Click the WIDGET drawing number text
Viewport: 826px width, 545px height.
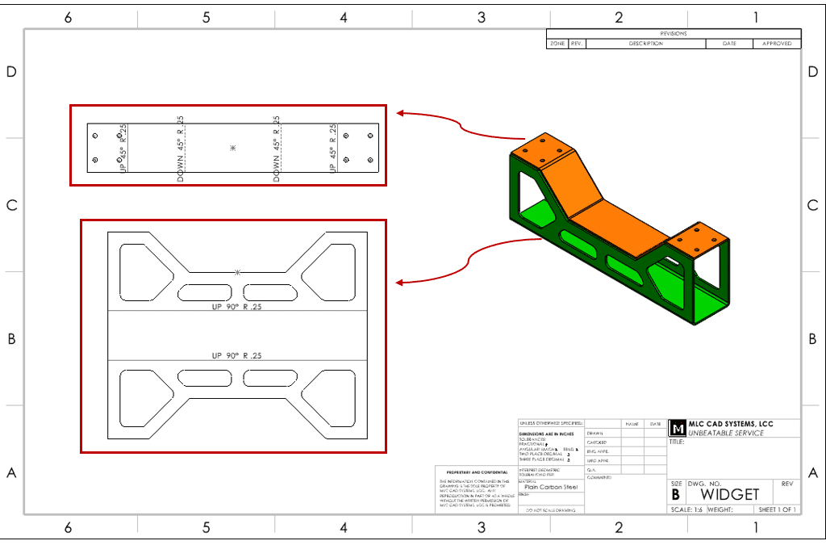730,494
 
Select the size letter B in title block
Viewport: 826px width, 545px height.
676,494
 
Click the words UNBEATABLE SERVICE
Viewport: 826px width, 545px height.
722,433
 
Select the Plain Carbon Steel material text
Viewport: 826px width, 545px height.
552,487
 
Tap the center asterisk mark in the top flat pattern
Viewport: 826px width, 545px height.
233,148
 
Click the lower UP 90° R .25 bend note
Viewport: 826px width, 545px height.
236,355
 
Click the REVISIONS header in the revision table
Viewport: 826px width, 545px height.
674,34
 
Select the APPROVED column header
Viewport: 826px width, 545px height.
777,44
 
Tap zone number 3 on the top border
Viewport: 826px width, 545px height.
482,17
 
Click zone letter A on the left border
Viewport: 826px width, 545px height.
11,473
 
